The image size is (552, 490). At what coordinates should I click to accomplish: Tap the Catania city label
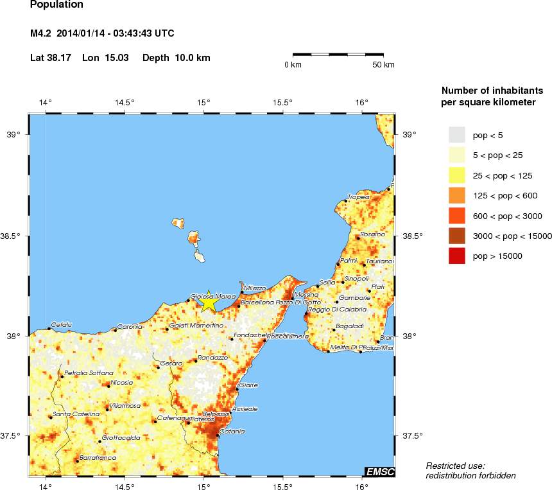click(x=232, y=432)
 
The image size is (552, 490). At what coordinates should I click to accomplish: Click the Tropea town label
click(x=359, y=197)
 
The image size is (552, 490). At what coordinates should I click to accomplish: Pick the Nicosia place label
click(x=122, y=383)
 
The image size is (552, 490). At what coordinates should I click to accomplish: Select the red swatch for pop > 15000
click(x=456, y=256)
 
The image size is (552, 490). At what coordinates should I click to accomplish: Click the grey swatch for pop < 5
click(x=456, y=134)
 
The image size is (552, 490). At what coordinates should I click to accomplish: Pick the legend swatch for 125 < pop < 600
click(x=456, y=195)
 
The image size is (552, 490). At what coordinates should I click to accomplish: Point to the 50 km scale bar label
click(x=384, y=65)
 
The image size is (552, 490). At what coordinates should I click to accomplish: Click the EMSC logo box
click(x=379, y=472)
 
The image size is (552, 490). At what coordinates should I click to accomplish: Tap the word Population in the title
click(x=56, y=5)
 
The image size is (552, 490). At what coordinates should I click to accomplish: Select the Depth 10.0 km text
click(x=177, y=58)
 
